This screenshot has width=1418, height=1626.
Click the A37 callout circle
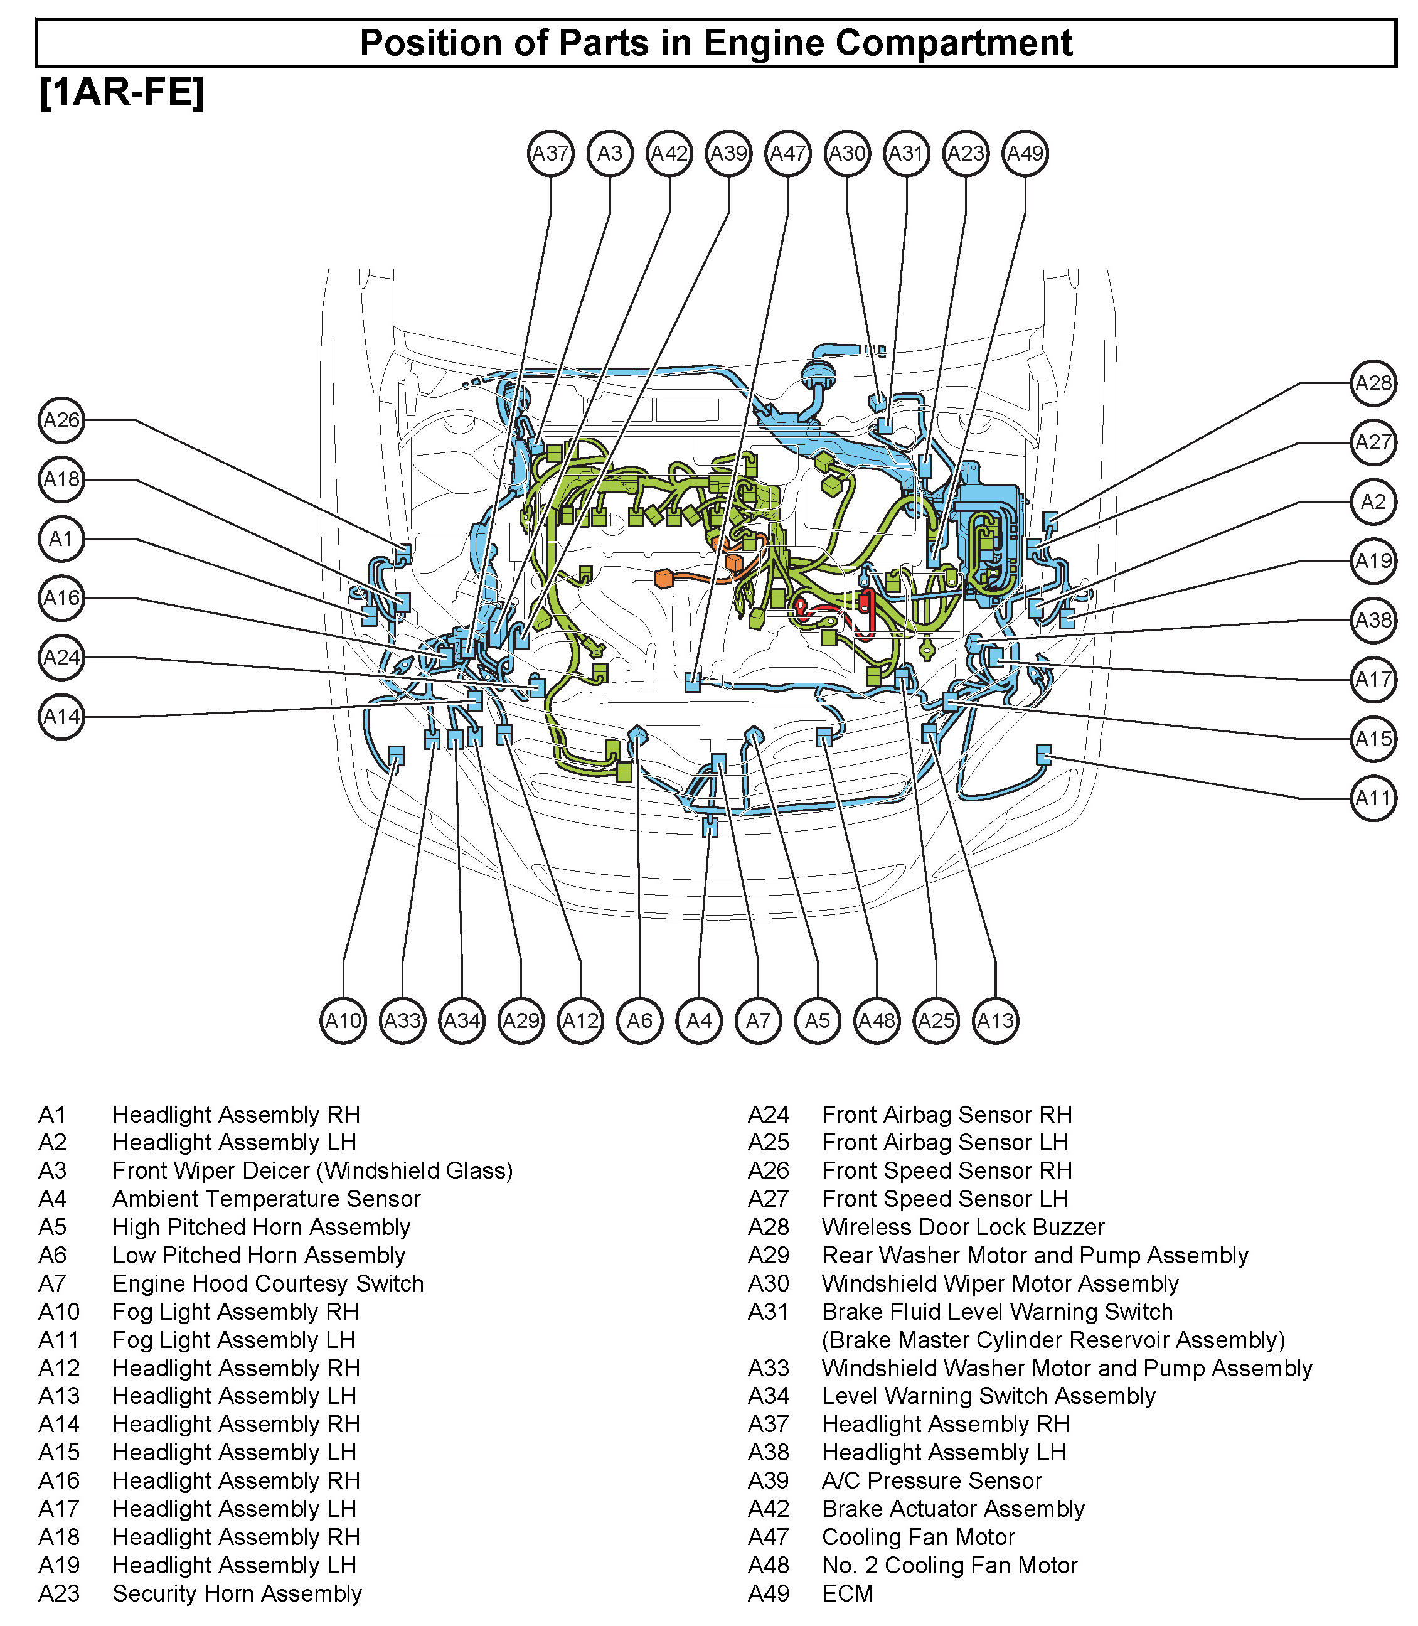(551, 154)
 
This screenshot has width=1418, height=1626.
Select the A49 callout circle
(1025, 154)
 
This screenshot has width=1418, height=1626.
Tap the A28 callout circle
(1373, 383)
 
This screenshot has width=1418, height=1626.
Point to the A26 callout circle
(61, 420)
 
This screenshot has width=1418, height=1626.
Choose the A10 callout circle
(343, 1020)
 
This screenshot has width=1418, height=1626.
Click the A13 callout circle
(996, 1020)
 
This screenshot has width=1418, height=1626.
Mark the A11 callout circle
(1373, 798)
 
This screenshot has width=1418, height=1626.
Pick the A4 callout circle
(700, 1020)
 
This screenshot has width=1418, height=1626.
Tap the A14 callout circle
(61, 717)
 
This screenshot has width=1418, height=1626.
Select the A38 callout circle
(1373, 619)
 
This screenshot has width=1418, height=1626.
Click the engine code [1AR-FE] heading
(122, 94)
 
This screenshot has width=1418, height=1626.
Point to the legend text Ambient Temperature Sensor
(267, 1199)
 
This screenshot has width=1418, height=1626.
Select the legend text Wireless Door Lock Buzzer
(963, 1228)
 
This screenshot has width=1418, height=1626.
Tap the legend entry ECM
(848, 1593)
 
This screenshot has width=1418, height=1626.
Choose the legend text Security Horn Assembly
(237, 1593)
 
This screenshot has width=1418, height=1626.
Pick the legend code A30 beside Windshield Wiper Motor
(769, 1283)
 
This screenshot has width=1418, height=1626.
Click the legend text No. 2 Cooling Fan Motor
(949, 1565)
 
